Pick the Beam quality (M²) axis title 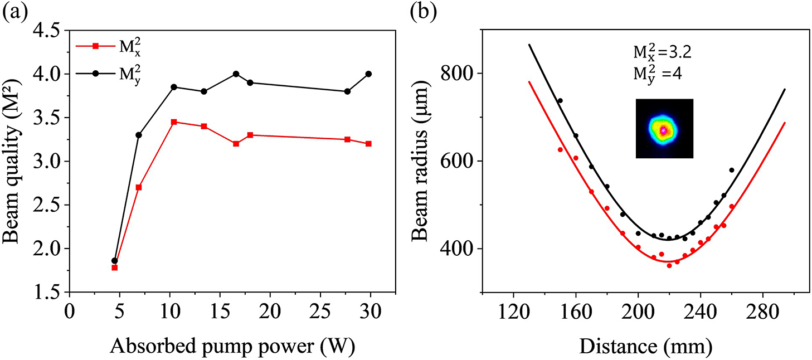[x=13, y=162]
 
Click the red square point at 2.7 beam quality [x=139, y=187]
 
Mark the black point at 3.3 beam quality [x=139, y=135]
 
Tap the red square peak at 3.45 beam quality [x=174, y=121]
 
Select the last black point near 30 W [x=368, y=74]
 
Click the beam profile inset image [x=664, y=128]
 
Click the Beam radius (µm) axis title [x=422, y=162]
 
